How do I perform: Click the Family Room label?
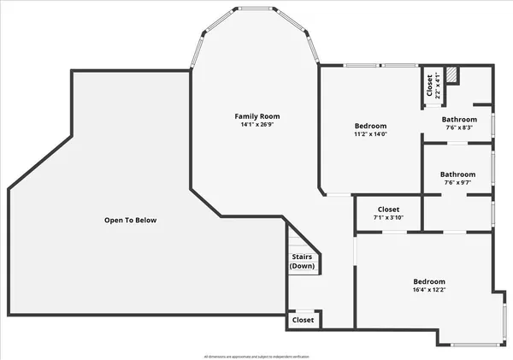point(257,116)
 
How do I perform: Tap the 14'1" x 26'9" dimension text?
point(257,125)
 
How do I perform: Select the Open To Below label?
point(131,221)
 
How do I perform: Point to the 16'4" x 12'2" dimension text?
point(429,290)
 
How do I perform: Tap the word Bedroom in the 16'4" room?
point(429,281)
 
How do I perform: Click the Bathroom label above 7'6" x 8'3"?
point(459,119)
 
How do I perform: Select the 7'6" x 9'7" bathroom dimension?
point(459,182)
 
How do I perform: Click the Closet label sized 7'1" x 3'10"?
point(388,209)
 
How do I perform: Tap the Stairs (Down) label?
point(302,261)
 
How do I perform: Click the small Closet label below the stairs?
point(303,320)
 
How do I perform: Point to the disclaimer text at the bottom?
point(256,356)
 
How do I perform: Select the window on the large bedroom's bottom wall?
point(475,345)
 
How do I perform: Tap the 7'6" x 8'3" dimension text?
point(459,127)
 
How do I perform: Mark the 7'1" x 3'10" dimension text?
point(388,217)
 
